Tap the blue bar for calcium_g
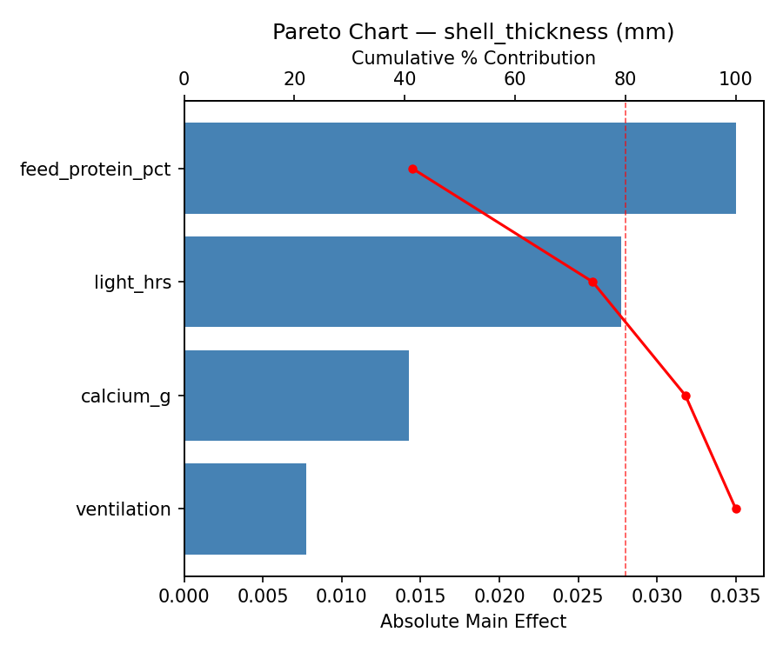pos(296,396)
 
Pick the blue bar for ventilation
pos(244,509)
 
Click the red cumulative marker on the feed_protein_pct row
pos(412,169)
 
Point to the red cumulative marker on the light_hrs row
pos(592,282)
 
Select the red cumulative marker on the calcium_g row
pos(686,396)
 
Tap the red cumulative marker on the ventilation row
pos(736,509)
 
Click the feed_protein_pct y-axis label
pos(96,169)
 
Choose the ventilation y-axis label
pos(124,509)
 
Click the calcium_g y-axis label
pos(126,396)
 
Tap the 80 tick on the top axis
pos(626,80)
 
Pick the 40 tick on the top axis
pos(405,80)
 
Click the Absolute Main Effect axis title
pos(473,622)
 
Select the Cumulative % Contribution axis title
pos(473,58)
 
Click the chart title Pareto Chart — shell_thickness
pos(473,32)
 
